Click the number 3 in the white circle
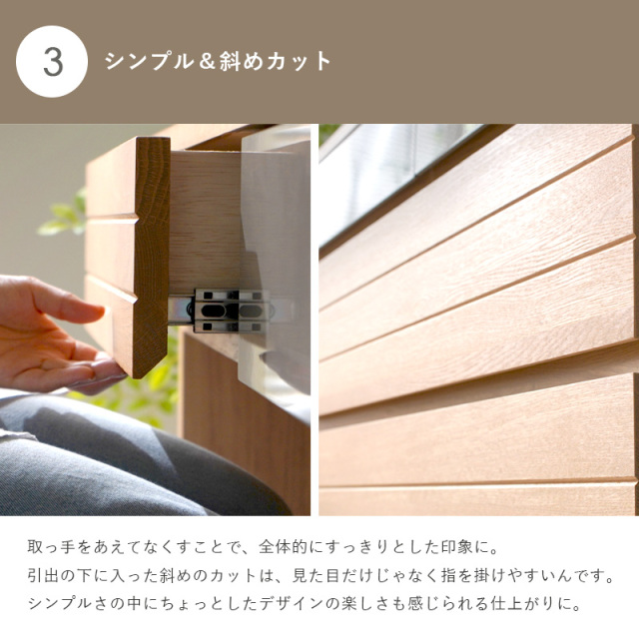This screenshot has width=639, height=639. (x=53, y=62)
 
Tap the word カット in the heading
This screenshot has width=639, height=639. (x=299, y=62)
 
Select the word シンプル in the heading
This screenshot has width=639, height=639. (x=149, y=62)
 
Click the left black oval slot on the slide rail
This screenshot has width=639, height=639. (x=213, y=312)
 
